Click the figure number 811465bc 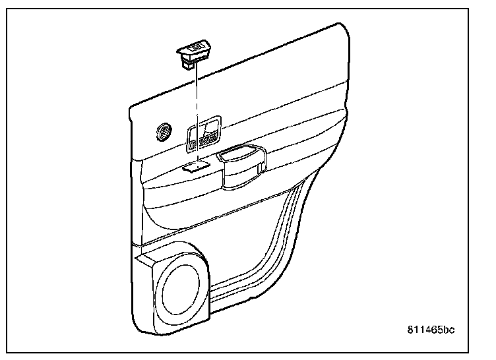pos(431,330)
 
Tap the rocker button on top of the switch pos(196,47)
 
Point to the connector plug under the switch pos(187,65)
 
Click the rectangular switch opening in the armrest pos(196,167)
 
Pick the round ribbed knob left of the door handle pos(164,131)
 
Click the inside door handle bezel pos(203,133)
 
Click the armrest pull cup pos(243,167)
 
